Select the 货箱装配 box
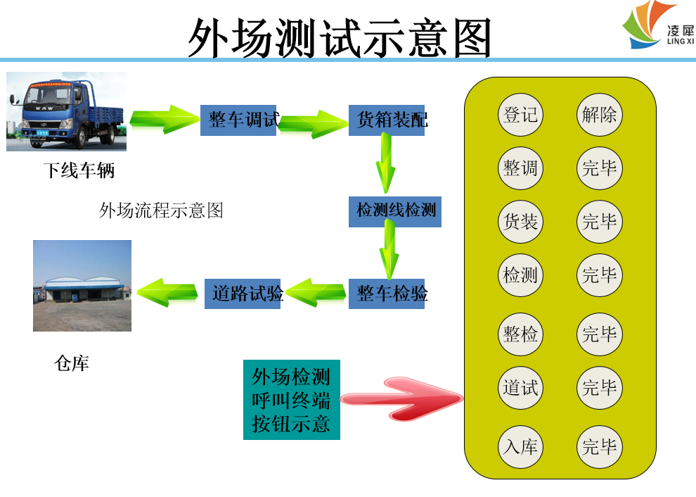(387, 120)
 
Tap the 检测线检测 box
(395, 211)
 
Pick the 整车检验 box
(387, 294)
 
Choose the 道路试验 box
(244, 293)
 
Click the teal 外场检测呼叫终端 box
(291, 400)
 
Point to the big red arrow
(402, 399)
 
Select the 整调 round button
(521, 168)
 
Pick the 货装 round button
(521, 222)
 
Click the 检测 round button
(521, 275)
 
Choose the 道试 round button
(521, 387)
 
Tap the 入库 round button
(521, 446)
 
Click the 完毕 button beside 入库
(600, 446)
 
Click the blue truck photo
(66, 111)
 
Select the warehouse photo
(82, 285)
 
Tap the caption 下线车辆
(79, 170)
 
